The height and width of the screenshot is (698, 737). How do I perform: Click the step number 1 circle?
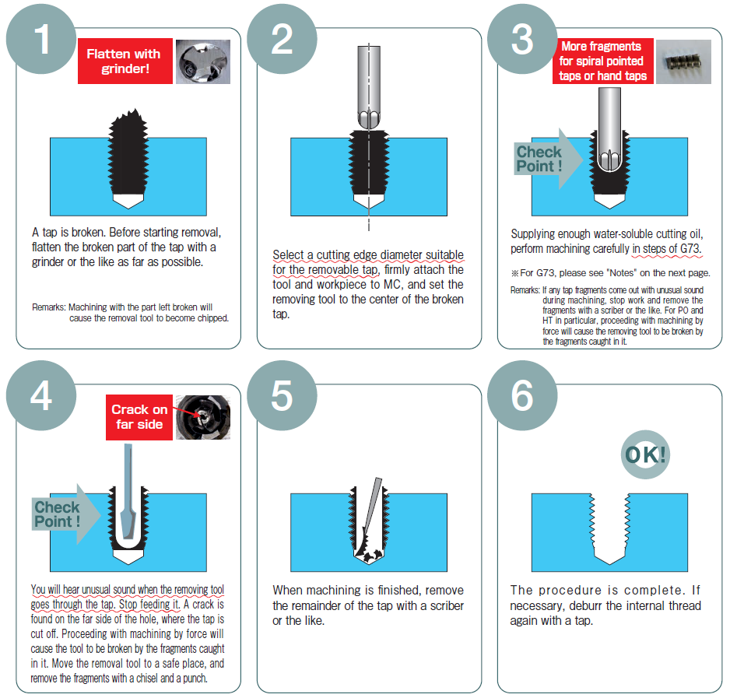pyautogui.click(x=41, y=40)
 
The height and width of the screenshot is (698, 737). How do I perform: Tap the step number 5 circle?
pyautogui.click(x=282, y=395)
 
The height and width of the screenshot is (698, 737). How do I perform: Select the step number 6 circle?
pyautogui.click(x=522, y=395)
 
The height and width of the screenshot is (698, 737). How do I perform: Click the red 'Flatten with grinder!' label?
pyautogui.click(x=125, y=61)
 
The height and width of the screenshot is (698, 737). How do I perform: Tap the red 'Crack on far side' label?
pyautogui.click(x=139, y=417)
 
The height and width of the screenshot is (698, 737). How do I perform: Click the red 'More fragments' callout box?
pyautogui.click(x=603, y=61)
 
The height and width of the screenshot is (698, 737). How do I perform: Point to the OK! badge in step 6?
pyautogui.click(x=645, y=454)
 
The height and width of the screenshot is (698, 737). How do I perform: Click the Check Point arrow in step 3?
pyautogui.click(x=548, y=159)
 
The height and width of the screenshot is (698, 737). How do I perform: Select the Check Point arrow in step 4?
pyautogui.click(x=66, y=514)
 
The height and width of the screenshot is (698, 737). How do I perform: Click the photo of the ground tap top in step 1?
pyautogui.click(x=203, y=61)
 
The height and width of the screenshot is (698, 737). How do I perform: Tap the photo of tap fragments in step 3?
pyautogui.click(x=683, y=61)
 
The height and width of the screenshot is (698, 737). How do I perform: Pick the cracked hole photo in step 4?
pyautogui.click(x=203, y=417)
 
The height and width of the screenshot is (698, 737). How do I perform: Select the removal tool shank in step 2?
pyautogui.click(x=369, y=87)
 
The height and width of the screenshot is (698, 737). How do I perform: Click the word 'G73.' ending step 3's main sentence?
pyautogui.click(x=690, y=248)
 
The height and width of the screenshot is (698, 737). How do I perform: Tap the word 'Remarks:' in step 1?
pyautogui.click(x=49, y=307)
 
